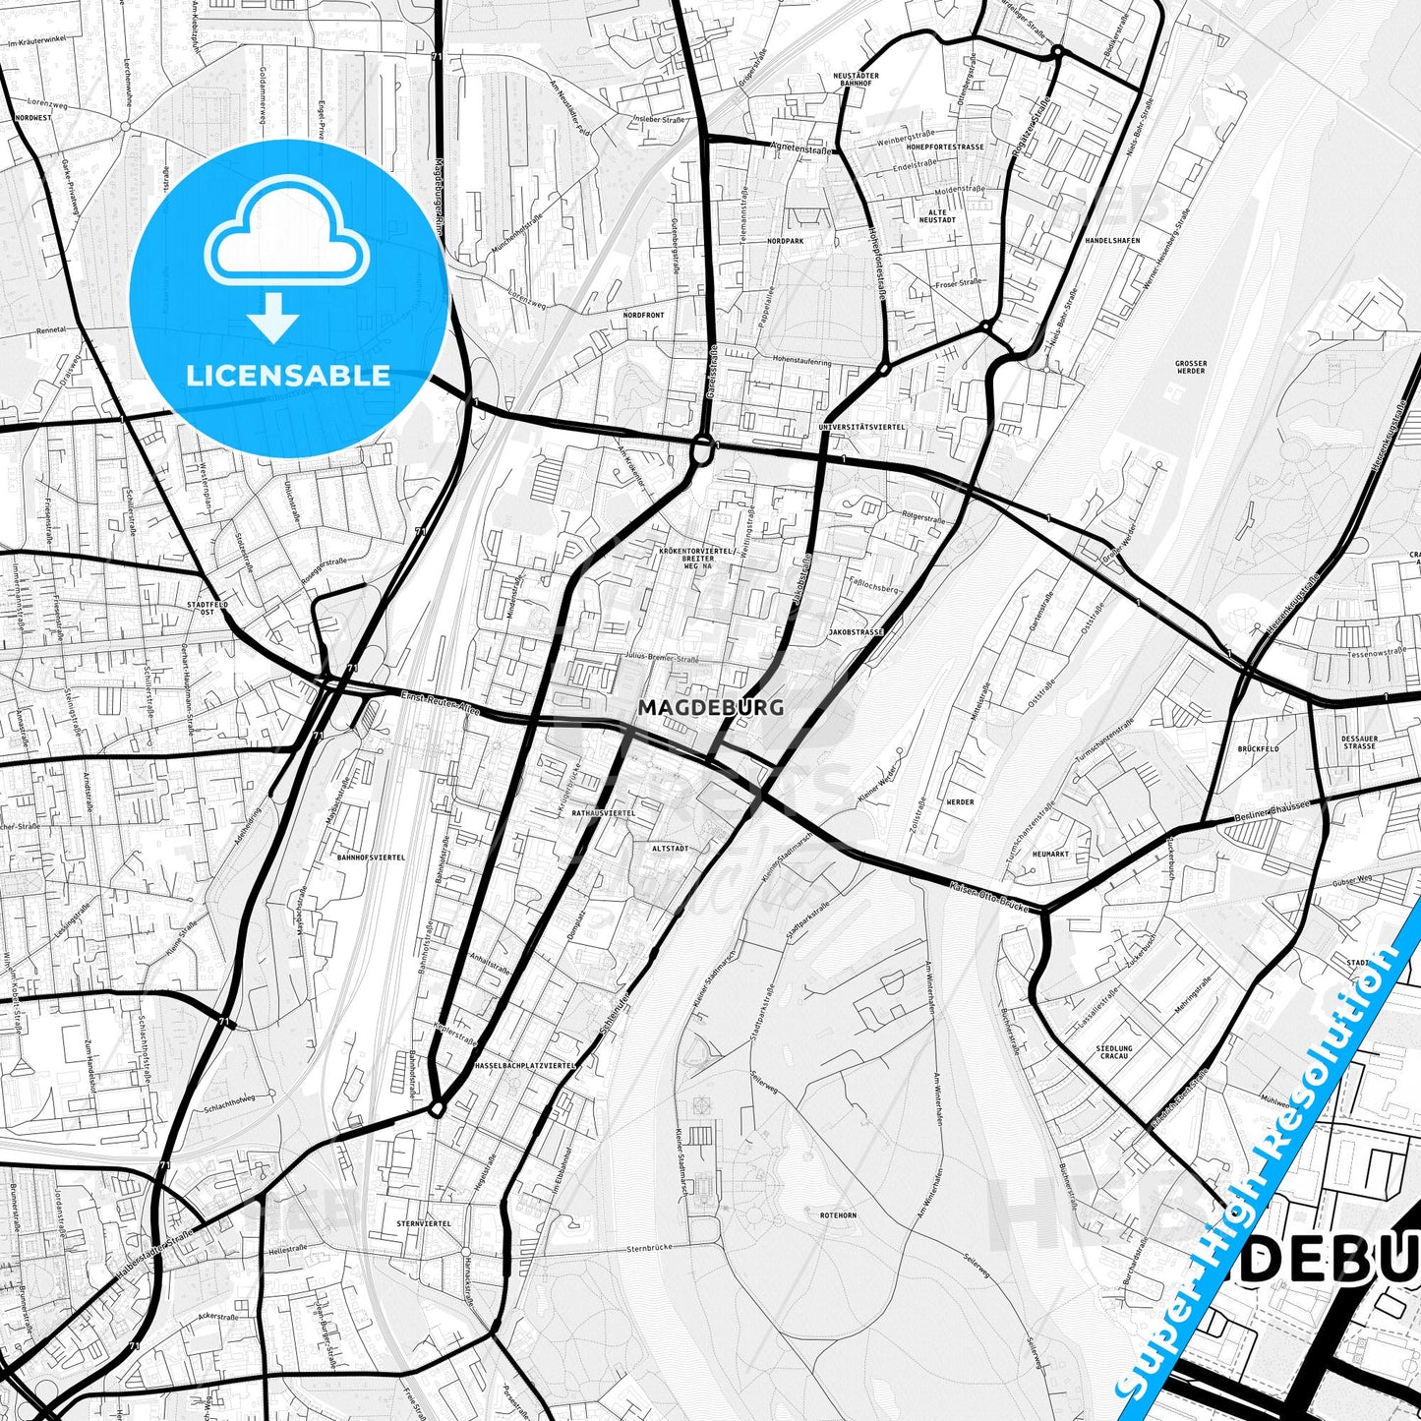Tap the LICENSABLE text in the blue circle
(x=289, y=376)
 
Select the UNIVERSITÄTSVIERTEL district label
(x=861, y=427)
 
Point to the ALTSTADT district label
(x=670, y=848)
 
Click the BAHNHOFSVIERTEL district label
(x=371, y=858)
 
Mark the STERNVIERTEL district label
(x=423, y=1223)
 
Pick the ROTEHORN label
(x=838, y=1215)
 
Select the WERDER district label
(x=960, y=802)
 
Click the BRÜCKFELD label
(x=1259, y=748)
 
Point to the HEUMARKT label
(x=1050, y=854)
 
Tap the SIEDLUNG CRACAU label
(x=1114, y=1053)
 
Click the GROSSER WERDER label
(x=1191, y=367)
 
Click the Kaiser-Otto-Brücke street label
(x=988, y=899)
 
